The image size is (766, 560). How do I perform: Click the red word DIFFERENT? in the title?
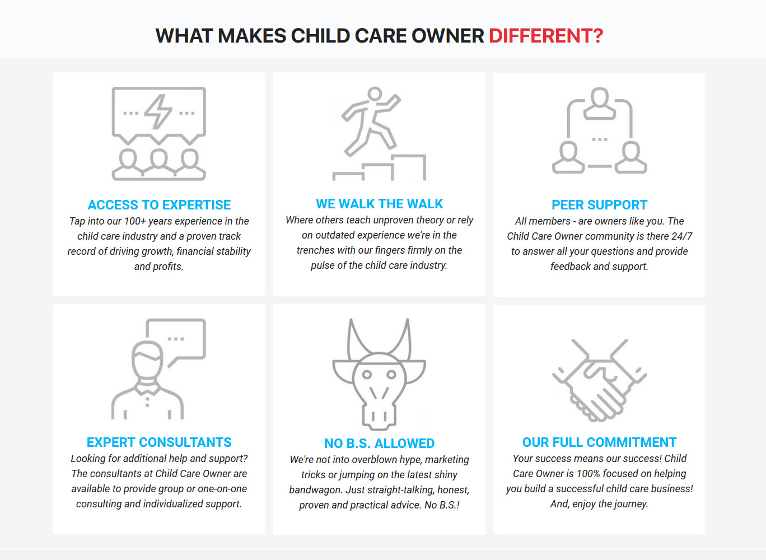546,36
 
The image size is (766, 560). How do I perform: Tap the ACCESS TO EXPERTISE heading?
159,204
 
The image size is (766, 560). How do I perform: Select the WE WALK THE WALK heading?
379,203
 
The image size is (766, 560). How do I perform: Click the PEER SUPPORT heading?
600,204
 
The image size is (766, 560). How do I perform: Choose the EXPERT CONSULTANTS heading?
159,442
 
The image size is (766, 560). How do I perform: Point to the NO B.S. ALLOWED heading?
379,443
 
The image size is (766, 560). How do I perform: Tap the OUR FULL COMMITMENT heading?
600,442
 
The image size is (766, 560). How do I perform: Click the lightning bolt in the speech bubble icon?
158,112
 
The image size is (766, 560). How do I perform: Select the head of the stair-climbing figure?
375,94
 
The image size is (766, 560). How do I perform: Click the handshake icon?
600,380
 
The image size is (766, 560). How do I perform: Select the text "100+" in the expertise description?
135,221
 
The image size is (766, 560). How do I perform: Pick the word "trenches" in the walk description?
316,250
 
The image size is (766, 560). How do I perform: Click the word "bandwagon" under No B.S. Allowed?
316,490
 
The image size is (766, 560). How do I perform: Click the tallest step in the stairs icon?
409,167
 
